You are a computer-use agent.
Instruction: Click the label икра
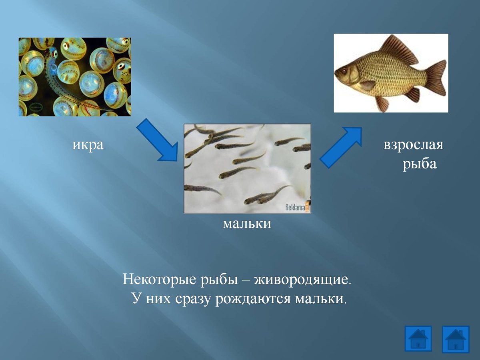tap(88, 144)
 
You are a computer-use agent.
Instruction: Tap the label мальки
tap(247, 223)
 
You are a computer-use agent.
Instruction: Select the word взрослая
tap(413, 144)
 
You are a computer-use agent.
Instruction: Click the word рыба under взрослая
tap(419, 164)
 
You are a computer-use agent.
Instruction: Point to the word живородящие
tap(303, 279)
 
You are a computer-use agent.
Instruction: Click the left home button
tap(418, 338)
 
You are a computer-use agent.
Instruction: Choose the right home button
tap(455, 339)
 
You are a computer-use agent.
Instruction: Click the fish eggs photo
tap(75, 77)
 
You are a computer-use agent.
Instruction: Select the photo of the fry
tap(247, 168)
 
